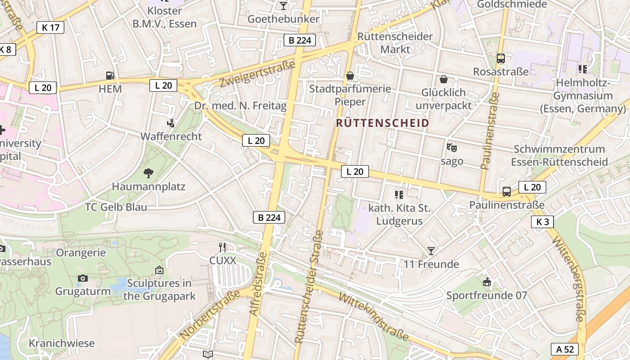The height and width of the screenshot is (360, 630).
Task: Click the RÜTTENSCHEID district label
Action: click(x=382, y=123)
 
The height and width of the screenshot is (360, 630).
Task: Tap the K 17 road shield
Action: click(x=50, y=27)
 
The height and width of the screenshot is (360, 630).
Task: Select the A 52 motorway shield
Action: click(x=564, y=349)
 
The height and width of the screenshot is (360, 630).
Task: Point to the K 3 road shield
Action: click(x=542, y=221)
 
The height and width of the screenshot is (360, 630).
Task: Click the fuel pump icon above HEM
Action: click(x=110, y=76)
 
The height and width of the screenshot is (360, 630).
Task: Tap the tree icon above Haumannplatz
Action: click(x=148, y=173)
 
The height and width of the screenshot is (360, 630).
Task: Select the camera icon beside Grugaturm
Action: click(x=82, y=278)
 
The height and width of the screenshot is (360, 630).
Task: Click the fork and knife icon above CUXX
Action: click(x=222, y=247)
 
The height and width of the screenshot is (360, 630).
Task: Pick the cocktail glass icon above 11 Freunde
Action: click(x=431, y=251)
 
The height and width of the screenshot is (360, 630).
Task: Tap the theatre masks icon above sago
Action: click(x=451, y=148)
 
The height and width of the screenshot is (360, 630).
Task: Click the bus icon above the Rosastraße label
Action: click(x=500, y=58)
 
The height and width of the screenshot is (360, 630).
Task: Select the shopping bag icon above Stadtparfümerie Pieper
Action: click(x=350, y=75)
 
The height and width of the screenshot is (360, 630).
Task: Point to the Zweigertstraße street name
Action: click(x=257, y=74)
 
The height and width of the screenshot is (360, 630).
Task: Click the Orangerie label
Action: click(x=81, y=253)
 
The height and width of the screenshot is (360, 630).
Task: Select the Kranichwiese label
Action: click(x=62, y=343)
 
